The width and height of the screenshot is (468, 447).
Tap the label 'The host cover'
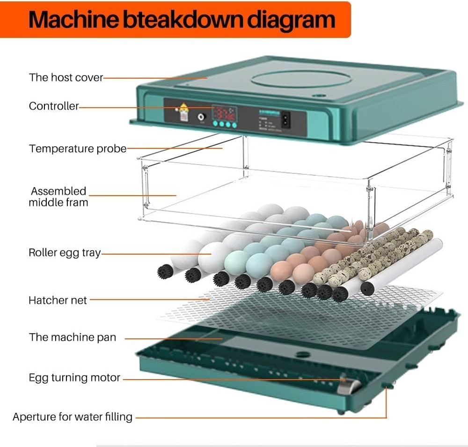66,77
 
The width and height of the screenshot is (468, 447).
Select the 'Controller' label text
54,106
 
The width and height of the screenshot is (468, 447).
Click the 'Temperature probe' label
78,149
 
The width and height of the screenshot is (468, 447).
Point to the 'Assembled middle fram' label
58,197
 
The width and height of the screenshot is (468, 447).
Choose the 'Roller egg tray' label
65,253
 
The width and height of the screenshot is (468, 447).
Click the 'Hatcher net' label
58,300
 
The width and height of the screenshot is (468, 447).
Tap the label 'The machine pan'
73,337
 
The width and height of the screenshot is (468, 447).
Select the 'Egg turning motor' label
74,377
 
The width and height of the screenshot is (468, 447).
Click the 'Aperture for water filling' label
73,417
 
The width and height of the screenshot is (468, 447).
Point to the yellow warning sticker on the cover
184,108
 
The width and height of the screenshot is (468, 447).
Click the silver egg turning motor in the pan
348,385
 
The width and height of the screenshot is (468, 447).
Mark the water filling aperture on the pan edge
388,385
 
